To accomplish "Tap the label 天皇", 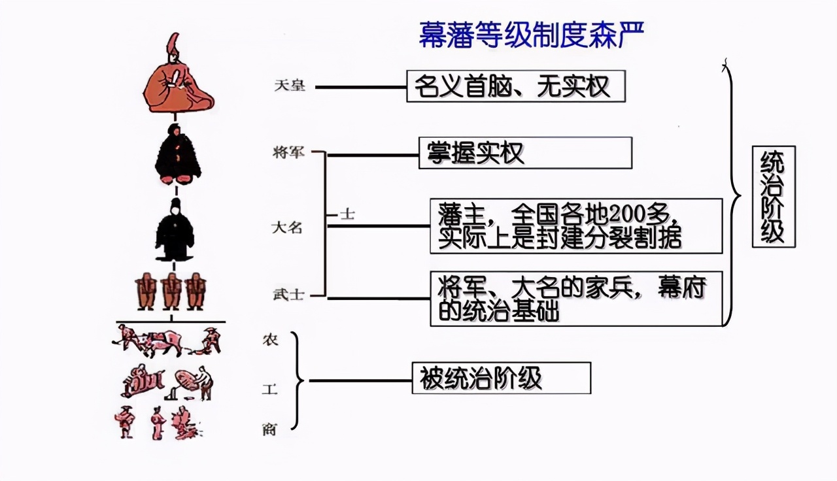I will pyautogui.click(x=289, y=86).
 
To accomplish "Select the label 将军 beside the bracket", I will pyautogui.click(x=289, y=154).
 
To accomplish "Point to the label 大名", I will pyautogui.click(x=288, y=228).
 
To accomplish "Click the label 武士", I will pyautogui.click(x=288, y=295).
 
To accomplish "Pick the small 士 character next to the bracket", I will pyautogui.click(x=347, y=214).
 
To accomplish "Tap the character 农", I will pyautogui.click(x=270, y=340).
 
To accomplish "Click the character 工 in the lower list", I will pyautogui.click(x=270, y=390).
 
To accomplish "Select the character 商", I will pyautogui.click(x=269, y=429).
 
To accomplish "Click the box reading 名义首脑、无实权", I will pyautogui.click(x=515, y=86).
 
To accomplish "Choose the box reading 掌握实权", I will pyautogui.click(x=525, y=153).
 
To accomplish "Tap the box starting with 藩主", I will pyautogui.click(x=576, y=226).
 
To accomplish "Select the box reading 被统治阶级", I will pyautogui.click(x=501, y=378).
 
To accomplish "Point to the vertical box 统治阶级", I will pyautogui.click(x=774, y=197).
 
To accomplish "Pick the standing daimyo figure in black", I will pyautogui.click(x=175, y=231).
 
